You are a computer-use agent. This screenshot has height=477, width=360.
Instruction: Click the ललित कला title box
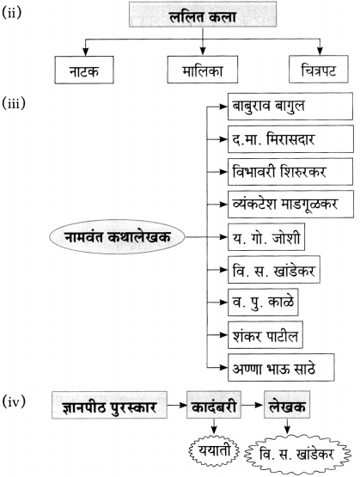[203, 15]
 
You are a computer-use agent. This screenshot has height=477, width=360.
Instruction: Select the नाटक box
[84, 70]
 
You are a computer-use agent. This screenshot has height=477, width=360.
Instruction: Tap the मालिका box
[203, 70]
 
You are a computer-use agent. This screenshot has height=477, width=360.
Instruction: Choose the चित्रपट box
[319, 70]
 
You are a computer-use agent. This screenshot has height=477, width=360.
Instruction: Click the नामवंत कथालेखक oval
[117, 236]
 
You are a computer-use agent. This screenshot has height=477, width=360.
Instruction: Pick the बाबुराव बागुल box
[290, 107]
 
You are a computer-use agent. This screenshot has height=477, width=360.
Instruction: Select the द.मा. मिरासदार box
[290, 139]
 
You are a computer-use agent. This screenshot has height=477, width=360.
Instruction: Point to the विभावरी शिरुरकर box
[290, 172]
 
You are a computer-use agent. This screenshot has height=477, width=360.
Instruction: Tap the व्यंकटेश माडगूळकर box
[290, 205]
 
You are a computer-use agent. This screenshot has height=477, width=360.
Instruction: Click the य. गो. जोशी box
[266, 237]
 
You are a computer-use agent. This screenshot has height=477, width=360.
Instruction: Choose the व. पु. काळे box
[263, 302]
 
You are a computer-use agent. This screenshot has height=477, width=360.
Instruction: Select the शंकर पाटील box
[265, 334]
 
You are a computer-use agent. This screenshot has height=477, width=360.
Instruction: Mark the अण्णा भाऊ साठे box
[281, 368]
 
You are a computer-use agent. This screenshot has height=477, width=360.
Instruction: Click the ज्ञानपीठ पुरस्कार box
[109, 405]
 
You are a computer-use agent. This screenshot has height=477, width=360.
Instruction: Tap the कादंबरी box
[214, 405]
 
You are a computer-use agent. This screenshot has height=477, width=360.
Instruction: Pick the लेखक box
[287, 405]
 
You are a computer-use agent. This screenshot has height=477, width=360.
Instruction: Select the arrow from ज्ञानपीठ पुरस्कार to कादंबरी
[177, 405]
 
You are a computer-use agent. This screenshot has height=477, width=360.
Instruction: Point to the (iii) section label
[14, 103]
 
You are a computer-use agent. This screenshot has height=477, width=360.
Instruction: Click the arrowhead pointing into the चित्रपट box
[320, 51]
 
